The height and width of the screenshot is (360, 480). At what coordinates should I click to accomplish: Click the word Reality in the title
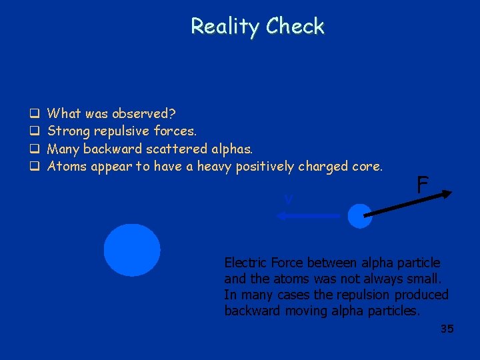tap(225, 26)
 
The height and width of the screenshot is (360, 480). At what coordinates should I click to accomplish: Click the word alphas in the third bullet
tap(231, 148)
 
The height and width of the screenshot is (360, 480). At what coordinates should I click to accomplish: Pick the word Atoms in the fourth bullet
tap(66, 166)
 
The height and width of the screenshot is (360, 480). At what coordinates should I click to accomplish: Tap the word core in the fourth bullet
tap(367, 166)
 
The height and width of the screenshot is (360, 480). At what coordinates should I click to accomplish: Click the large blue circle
tap(132, 250)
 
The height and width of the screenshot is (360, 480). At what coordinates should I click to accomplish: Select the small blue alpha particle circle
tap(360, 216)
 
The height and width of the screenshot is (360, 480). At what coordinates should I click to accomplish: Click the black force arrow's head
tap(447, 194)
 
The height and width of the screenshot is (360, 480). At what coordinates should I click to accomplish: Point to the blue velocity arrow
tap(309, 215)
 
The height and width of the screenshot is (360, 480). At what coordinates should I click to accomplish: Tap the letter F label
tap(422, 185)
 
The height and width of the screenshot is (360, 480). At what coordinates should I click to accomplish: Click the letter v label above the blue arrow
tap(288, 199)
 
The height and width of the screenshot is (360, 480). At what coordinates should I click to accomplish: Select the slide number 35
tap(447, 329)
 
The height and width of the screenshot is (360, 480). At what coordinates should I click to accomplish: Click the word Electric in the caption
tap(243, 263)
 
